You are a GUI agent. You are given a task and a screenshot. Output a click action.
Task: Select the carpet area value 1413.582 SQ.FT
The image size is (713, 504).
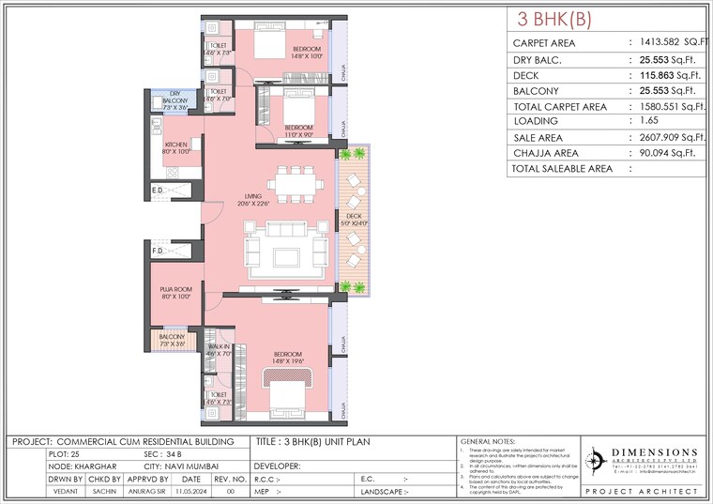point(671,43)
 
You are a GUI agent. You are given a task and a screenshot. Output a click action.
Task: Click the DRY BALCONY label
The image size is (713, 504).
point(175,103)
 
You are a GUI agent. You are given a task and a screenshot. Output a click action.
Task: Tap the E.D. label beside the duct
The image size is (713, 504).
point(158,191)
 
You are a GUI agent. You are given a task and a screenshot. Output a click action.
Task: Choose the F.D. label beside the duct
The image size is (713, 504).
point(158,252)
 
